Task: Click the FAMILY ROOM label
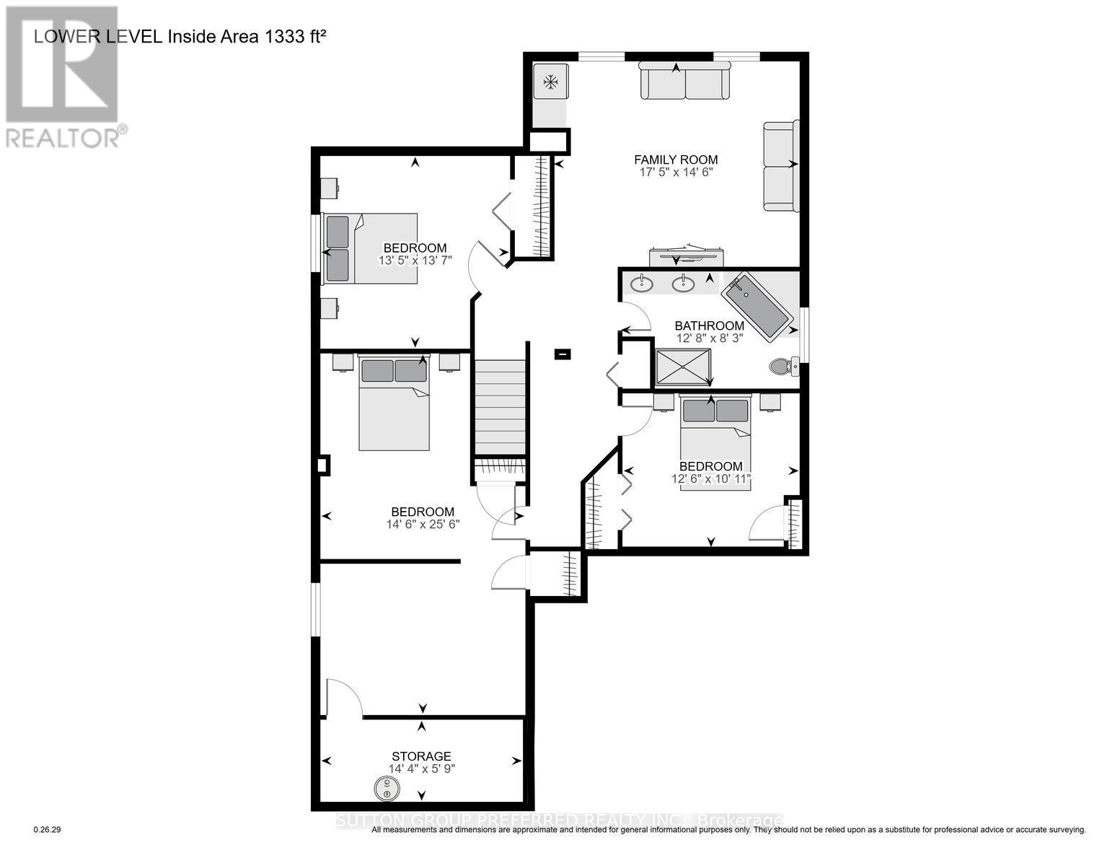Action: coord(676,160)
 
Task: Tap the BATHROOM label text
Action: coord(709,325)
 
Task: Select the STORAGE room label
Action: coord(422,756)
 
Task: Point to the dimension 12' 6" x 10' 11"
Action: coord(710,478)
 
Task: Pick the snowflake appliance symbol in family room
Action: coord(551,82)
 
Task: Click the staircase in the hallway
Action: coord(500,406)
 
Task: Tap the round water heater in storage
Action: coord(387,789)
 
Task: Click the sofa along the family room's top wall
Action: coord(685,81)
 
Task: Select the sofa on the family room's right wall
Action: coord(781,166)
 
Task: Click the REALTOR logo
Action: coord(63,76)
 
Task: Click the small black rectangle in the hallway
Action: coord(563,354)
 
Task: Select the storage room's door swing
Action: coord(342,698)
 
